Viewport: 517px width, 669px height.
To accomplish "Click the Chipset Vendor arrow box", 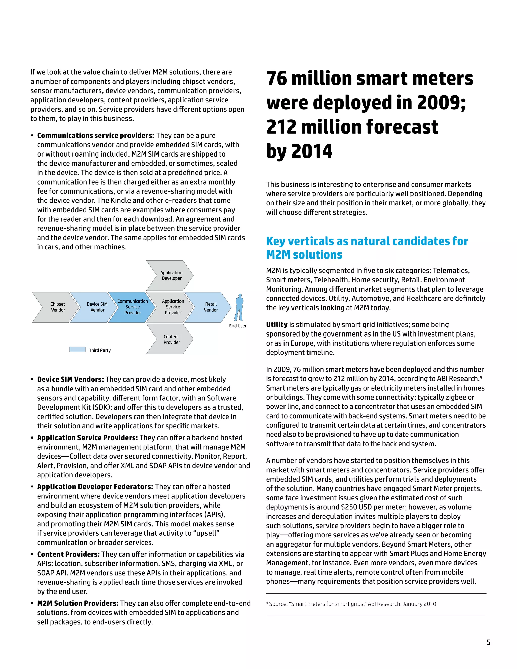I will tap(55, 307).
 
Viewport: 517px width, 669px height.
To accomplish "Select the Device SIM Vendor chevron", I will tap(95, 307).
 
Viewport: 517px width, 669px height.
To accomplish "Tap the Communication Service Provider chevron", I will tap(133, 307).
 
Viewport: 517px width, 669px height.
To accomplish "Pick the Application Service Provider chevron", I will tap(171, 307).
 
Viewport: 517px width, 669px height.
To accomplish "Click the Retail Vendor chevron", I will tap(210, 307).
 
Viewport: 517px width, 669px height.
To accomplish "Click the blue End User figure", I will tap(239, 307).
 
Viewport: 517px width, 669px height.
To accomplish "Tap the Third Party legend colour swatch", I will tap(77, 349).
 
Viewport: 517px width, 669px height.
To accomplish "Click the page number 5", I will tap(488, 643).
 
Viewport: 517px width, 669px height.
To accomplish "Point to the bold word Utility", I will tap(277, 325).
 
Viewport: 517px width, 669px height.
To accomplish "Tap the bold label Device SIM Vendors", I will tap(70, 379).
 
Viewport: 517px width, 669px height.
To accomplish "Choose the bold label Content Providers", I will tap(68, 554).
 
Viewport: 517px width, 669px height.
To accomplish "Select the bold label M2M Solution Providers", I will tap(78, 603).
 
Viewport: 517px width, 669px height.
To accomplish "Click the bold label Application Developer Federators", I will tap(95, 487).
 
